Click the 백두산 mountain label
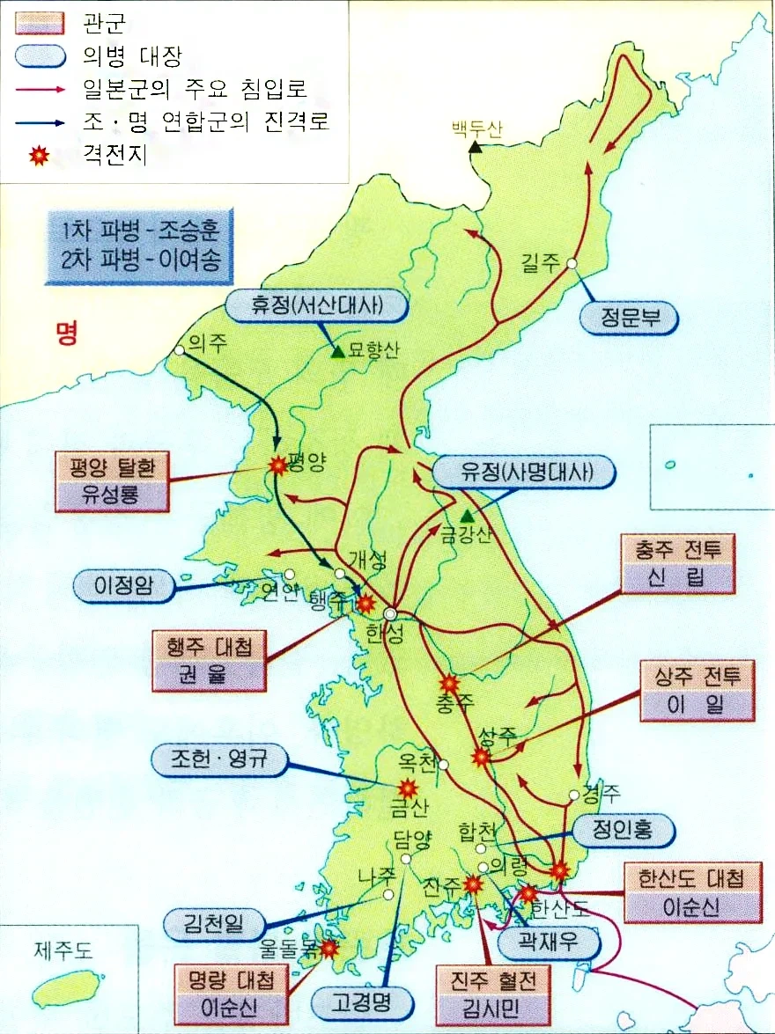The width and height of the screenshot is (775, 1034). click(x=476, y=128)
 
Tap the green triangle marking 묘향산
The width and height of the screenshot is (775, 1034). click(x=337, y=352)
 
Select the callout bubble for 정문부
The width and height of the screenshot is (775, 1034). click(x=630, y=319)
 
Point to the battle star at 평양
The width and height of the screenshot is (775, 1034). click(x=278, y=466)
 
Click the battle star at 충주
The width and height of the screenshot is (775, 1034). click(x=449, y=684)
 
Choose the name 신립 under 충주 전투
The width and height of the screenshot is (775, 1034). click(x=676, y=578)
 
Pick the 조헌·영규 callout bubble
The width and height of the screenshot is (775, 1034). click(x=220, y=760)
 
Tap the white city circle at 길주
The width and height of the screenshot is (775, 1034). click(x=572, y=262)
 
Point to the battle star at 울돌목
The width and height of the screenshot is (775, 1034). click(x=329, y=948)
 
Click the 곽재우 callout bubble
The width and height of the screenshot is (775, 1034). click(x=549, y=944)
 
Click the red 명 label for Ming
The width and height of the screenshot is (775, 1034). click(x=66, y=333)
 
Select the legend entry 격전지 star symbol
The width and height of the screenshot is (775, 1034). click(x=38, y=157)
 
